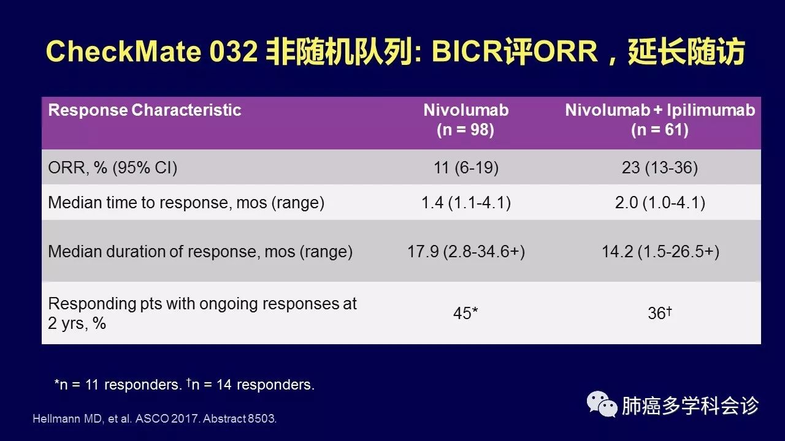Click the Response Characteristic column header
[x=144, y=110]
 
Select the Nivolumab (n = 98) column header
[x=465, y=119]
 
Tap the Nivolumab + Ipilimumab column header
[x=660, y=119]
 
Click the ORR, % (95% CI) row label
[x=112, y=168]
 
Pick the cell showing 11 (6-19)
[x=466, y=168]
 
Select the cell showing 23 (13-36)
[x=660, y=168]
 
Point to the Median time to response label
[x=186, y=203]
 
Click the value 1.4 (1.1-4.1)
[x=466, y=203]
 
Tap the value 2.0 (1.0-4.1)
[x=660, y=203]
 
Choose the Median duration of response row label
[x=200, y=252]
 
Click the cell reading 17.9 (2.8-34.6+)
[x=466, y=252]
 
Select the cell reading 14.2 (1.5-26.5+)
[x=661, y=252]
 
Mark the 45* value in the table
[x=465, y=313]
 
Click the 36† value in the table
[x=660, y=312]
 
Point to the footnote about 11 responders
[x=118, y=385]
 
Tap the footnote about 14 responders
[x=251, y=385]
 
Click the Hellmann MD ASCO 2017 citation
[x=155, y=418]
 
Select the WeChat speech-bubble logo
[x=602, y=405]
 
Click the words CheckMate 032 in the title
[x=151, y=51]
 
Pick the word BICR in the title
[x=467, y=51]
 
